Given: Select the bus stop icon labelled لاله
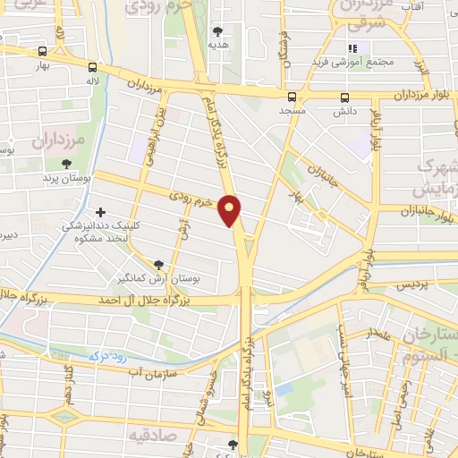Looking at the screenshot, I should (x=92, y=66).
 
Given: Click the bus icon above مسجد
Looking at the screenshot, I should (x=292, y=98).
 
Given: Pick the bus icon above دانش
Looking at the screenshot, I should (x=344, y=98).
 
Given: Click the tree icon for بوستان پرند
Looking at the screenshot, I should (x=67, y=162).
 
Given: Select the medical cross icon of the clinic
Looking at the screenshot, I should (x=100, y=213).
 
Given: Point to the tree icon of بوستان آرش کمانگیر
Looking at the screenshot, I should (x=158, y=265).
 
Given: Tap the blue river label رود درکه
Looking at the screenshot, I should (x=106, y=354).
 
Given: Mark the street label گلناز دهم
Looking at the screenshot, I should (x=69, y=384).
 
